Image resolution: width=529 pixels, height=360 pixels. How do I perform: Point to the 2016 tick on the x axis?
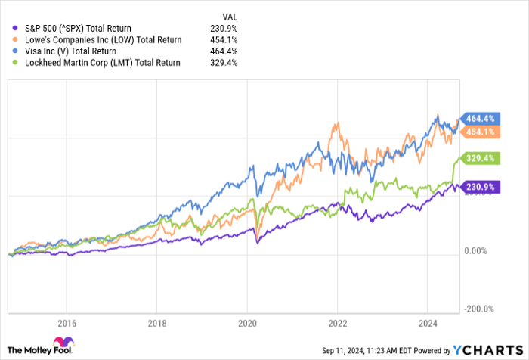67,320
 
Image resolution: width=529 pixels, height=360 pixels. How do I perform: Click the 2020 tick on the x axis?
246,320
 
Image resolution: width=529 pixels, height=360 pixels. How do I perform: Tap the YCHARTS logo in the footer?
486,349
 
